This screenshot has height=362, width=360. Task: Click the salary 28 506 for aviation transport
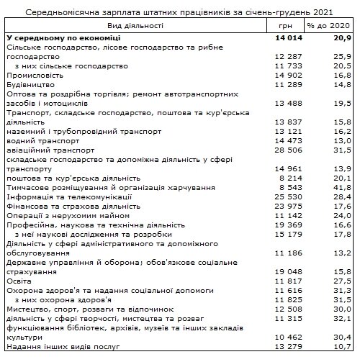287,150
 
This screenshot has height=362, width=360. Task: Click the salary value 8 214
289,178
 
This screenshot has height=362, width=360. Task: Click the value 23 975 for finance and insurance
287,206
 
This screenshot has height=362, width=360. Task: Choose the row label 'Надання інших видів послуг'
60,347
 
